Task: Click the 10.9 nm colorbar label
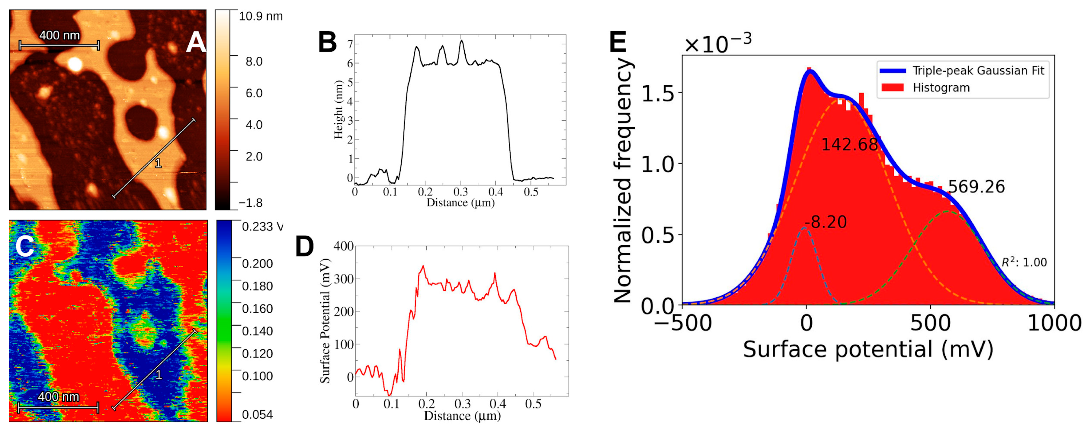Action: point(261,16)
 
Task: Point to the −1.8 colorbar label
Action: point(250,203)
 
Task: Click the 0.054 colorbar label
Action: point(257,415)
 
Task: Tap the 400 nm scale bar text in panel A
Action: point(60,35)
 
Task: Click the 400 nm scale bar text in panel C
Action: point(59,397)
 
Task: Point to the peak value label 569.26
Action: point(976,187)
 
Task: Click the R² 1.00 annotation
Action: point(1024,262)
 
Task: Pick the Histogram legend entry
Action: point(941,88)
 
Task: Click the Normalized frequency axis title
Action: point(623,182)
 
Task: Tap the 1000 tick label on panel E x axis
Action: point(1054,323)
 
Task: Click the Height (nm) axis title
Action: point(338,109)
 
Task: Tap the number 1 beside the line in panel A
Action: point(158,163)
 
